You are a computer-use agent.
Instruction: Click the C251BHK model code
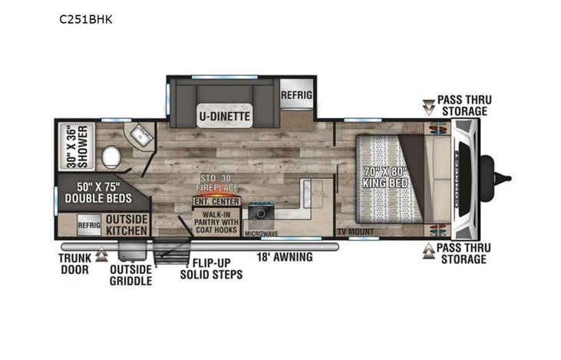coord(85,19)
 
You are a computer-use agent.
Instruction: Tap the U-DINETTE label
coord(224,117)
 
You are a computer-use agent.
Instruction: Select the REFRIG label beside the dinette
coord(296,94)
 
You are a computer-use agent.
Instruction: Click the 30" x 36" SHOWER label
coord(76,146)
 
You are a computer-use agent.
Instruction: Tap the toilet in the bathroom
coord(111,157)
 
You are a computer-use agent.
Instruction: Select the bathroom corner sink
coord(140,137)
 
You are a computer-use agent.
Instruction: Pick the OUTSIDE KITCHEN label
coord(127,224)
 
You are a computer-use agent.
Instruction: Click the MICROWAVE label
coord(261,231)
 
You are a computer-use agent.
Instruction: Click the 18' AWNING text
coord(284,257)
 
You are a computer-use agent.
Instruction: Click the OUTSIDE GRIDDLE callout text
coord(130,275)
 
